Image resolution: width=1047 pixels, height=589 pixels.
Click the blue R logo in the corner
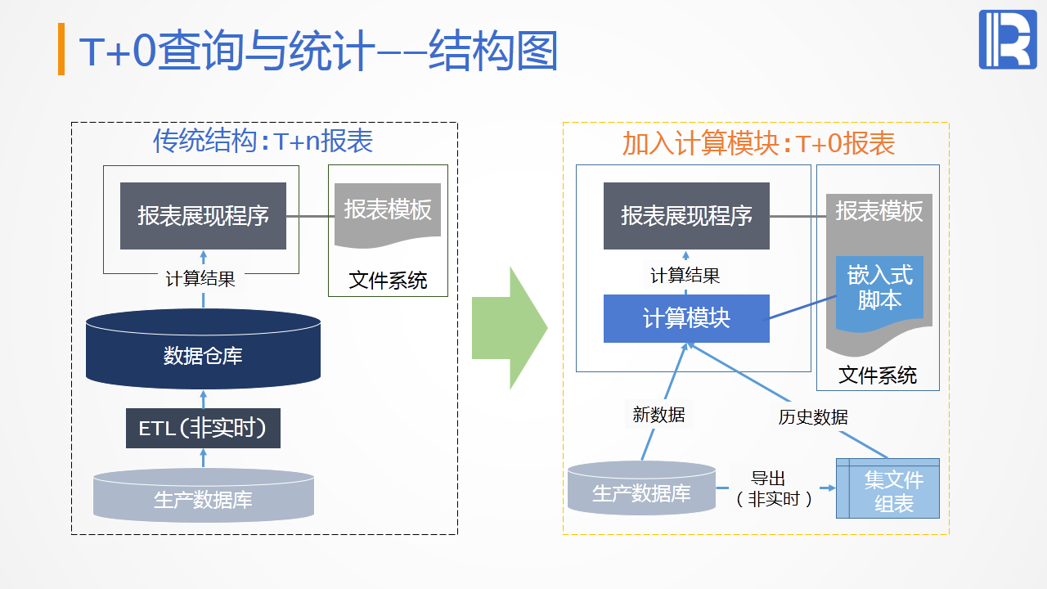click(x=1007, y=39)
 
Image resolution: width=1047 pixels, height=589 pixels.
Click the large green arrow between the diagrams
click(x=507, y=327)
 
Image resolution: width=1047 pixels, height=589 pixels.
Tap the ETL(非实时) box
click(x=203, y=428)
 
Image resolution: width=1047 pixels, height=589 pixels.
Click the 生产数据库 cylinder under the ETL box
click(x=203, y=495)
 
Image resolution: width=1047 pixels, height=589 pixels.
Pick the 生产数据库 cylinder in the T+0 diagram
click(x=641, y=488)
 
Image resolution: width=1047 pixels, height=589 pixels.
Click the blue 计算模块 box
click(x=686, y=318)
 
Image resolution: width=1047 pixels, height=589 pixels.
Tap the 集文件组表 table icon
click(x=887, y=488)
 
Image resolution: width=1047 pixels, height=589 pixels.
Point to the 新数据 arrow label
click(x=658, y=415)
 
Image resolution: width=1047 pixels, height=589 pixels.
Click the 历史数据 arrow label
click(x=813, y=417)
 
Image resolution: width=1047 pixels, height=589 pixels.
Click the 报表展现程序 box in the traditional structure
click(x=203, y=216)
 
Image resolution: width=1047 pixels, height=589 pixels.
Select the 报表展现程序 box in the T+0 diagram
click(x=686, y=216)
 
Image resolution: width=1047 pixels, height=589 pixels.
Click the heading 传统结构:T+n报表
click(x=263, y=142)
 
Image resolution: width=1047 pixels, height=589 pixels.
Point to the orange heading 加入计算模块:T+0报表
click(x=758, y=143)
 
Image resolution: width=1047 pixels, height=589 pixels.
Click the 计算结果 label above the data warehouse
click(x=200, y=279)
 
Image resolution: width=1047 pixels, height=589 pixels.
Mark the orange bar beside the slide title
click(x=61, y=49)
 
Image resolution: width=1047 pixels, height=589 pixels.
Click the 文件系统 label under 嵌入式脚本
click(x=878, y=376)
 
